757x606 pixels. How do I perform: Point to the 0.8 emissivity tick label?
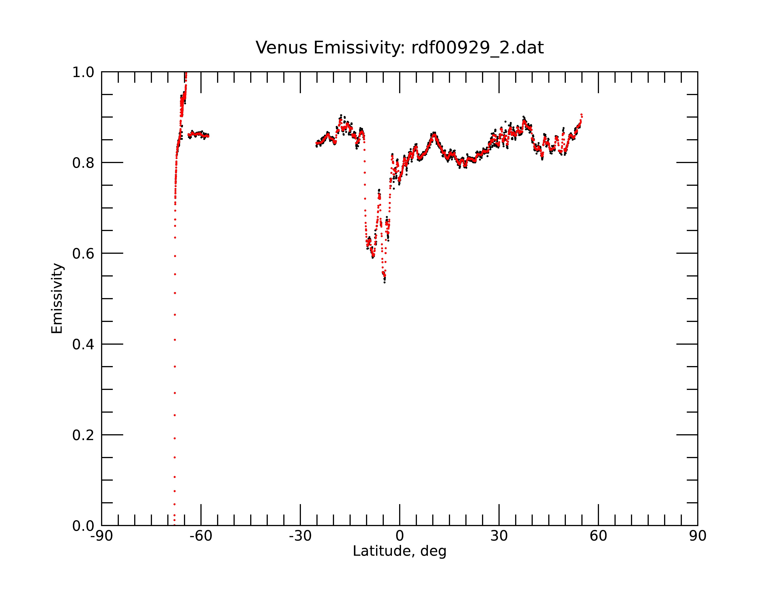83,163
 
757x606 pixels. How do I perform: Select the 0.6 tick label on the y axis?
83,254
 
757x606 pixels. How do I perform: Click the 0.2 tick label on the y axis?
83,435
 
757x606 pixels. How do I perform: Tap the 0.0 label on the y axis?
83,526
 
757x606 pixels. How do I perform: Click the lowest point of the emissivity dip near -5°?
385,282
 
